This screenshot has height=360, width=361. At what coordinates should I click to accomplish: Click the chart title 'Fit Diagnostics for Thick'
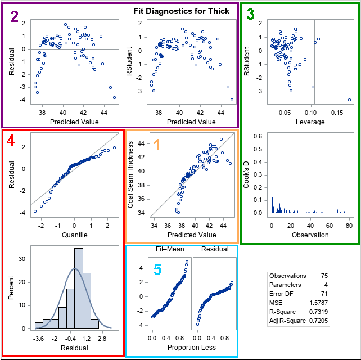point(182,11)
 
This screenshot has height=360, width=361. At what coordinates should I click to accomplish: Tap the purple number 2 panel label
point(15,17)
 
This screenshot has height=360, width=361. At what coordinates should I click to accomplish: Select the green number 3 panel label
point(250,16)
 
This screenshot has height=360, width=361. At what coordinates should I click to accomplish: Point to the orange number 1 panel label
point(157,145)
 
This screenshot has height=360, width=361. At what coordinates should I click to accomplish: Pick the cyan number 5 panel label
point(157,271)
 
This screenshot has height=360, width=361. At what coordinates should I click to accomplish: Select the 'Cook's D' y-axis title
point(247,174)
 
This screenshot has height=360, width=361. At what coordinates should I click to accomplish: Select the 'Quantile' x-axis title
point(74,234)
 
